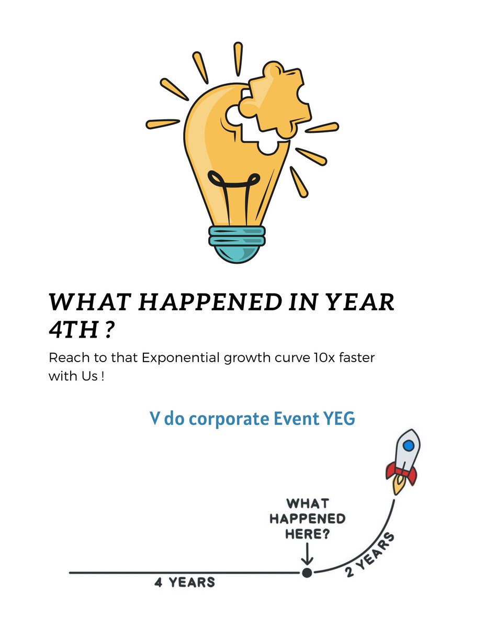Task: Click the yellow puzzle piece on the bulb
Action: pyautogui.click(x=276, y=99)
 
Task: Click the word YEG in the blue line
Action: pyautogui.click(x=338, y=419)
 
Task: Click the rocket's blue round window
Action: pyautogui.click(x=409, y=445)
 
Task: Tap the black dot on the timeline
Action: pyautogui.click(x=307, y=573)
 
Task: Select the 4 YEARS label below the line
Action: pyautogui.click(x=184, y=582)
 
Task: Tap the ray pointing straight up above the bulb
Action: pyautogui.click(x=238, y=57)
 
